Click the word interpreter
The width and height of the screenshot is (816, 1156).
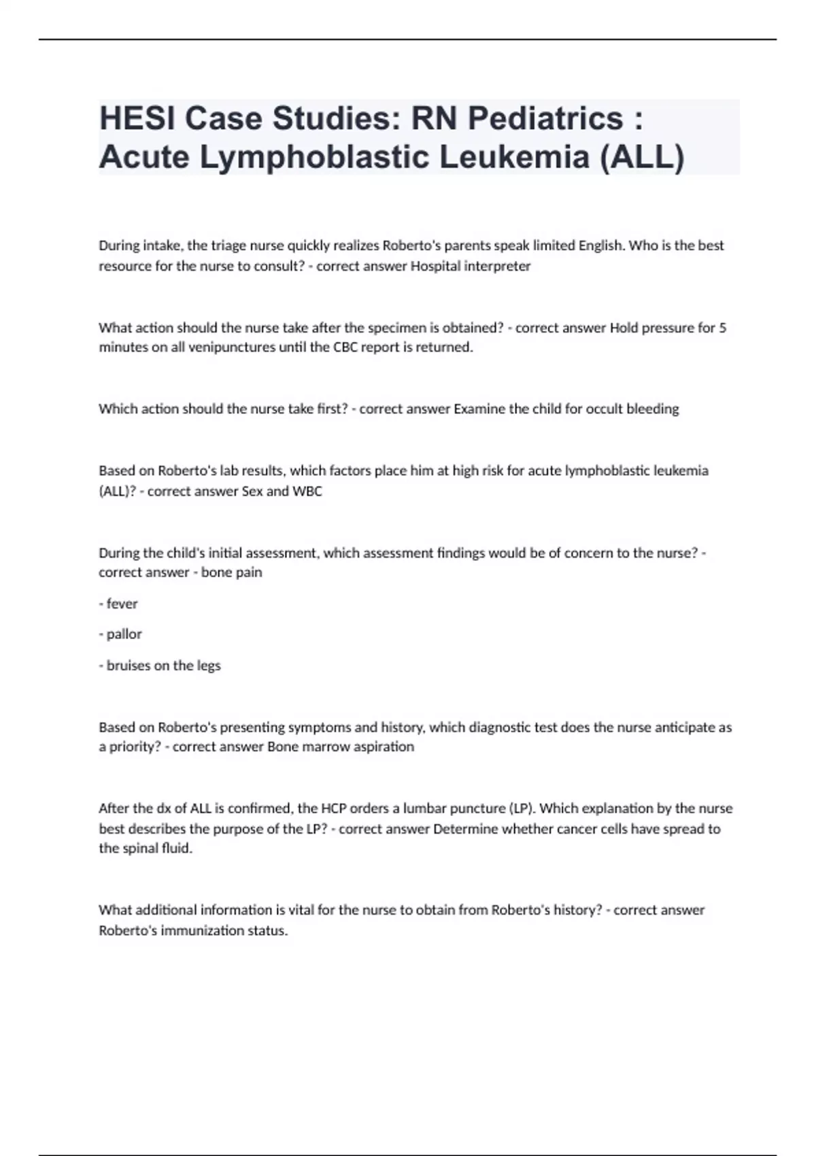[x=497, y=266]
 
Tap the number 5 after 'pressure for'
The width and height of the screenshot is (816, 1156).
[x=722, y=328]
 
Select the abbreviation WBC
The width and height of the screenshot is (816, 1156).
[x=307, y=491]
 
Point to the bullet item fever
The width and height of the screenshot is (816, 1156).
[x=122, y=603]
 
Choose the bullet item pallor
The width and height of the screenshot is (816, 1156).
[x=124, y=634]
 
